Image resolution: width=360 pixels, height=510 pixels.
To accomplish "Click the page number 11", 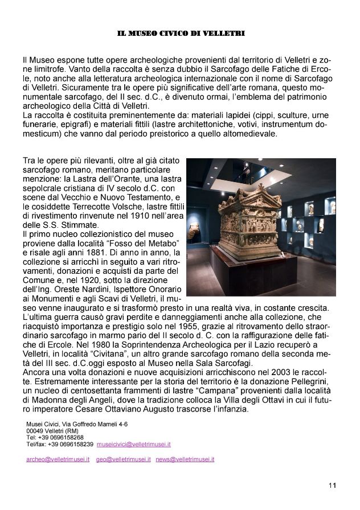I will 333,485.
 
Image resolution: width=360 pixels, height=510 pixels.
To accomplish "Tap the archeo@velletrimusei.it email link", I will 56,458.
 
